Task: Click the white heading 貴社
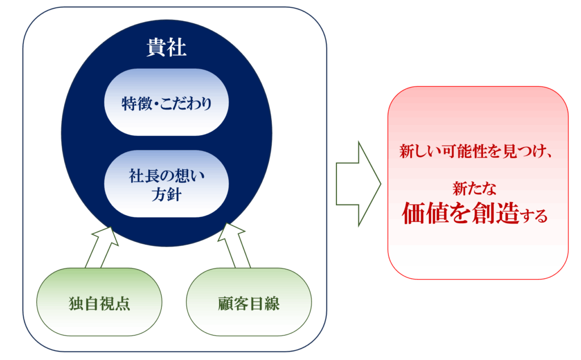tap(166, 48)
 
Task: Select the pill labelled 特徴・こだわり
tap(166, 102)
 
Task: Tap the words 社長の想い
tap(166, 175)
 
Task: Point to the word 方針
tap(166, 195)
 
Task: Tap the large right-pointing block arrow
tap(359, 183)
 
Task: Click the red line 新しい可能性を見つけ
tap(471, 152)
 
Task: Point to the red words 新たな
tap(474, 189)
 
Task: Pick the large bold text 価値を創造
tap(461, 213)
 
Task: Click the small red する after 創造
tap(533, 215)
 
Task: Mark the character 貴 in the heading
tap(156, 48)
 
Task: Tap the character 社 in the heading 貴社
tap(176, 48)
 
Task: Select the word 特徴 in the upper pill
tap(137, 103)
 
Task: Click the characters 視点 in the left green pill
tap(115, 304)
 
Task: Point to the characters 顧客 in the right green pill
tap(233, 304)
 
